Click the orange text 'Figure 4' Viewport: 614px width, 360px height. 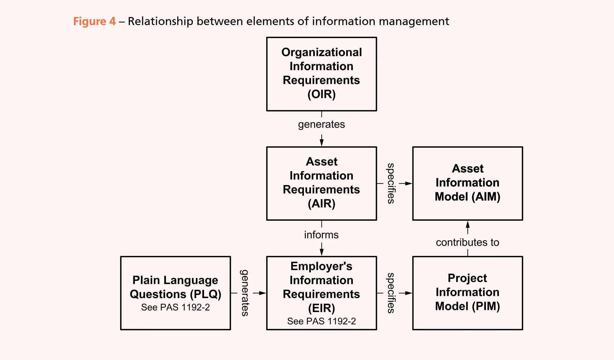point(94,21)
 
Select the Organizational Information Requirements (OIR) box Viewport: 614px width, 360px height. point(321,74)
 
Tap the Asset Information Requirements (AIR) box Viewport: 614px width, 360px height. point(321,183)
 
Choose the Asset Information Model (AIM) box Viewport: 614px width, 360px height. point(467,183)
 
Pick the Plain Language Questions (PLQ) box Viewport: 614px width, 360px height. point(175,293)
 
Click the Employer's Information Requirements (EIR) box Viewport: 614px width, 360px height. point(321,293)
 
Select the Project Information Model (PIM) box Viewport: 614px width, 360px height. point(467,293)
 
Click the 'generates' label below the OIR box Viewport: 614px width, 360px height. point(321,124)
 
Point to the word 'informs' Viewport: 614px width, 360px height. point(321,235)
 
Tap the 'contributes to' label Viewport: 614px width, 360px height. point(467,242)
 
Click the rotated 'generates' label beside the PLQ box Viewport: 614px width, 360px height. point(245,293)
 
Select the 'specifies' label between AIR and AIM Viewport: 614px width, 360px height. point(391,183)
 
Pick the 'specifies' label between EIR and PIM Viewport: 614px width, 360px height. point(391,293)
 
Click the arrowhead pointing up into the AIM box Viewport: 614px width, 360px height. point(468,224)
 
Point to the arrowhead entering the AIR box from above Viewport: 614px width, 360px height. point(322,143)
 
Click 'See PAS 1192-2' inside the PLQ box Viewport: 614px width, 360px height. point(175,307)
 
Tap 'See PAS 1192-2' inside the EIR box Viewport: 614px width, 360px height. point(321,321)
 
